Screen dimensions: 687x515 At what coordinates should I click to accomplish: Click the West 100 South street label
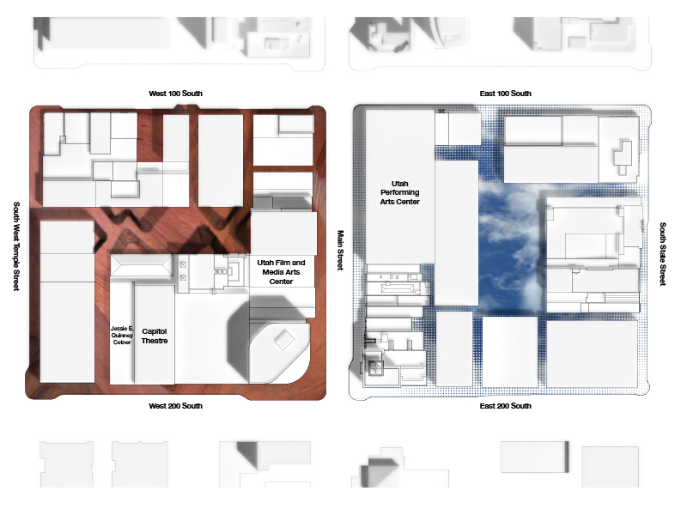pyautogui.click(x=176, y=94)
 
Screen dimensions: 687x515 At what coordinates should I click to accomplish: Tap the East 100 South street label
pyautogui.click(x=506, y=94)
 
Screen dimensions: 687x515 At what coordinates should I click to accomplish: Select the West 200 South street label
pyautogui.click(x=176, y=406)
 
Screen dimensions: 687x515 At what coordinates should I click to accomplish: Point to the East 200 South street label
pyautogui.click(x=506, y=406)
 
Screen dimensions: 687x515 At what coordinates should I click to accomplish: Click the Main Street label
pyautogui.click(x=340, y=250)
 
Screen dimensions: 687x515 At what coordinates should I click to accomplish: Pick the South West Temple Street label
pyautogui.click(x=16, y=246)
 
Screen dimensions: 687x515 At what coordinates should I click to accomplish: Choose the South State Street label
pyautogui.click(x=663, y=254)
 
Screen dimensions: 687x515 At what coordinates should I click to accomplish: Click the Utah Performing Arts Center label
pyautogui.click(x=399, y=192)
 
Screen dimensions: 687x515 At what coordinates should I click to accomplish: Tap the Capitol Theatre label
pyautogui.click(x=155, y=336)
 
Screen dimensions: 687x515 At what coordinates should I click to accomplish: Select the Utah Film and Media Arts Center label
pyautogui.click(x=281, y=272)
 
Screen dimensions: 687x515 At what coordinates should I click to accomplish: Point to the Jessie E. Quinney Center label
pyautogui.click(x=122, y=335)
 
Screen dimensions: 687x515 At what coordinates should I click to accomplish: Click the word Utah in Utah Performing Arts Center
pyautogui.click(x=399, y=184)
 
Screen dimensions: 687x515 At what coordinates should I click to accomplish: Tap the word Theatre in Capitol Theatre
pyautogui.click(x=155, y=341)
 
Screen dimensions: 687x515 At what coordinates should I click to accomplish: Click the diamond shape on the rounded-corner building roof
pyautogui.click(x=283, y=340)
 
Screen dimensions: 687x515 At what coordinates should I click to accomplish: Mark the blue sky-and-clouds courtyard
pyautogui.click(x=510, y=245)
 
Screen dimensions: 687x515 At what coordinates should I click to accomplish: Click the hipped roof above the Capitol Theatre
pyautogui.click(x=141, y=266)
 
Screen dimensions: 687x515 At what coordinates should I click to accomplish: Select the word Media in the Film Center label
pyautogui.click(x=272, y=272)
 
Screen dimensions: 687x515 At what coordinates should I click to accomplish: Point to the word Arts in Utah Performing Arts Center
pyautogui.click(x=387, y=202)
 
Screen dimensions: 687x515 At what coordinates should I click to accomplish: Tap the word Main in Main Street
pyautogui.click(x=340, y=238)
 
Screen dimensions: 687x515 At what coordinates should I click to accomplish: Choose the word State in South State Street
pyautogui.click(x=663, y=254)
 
